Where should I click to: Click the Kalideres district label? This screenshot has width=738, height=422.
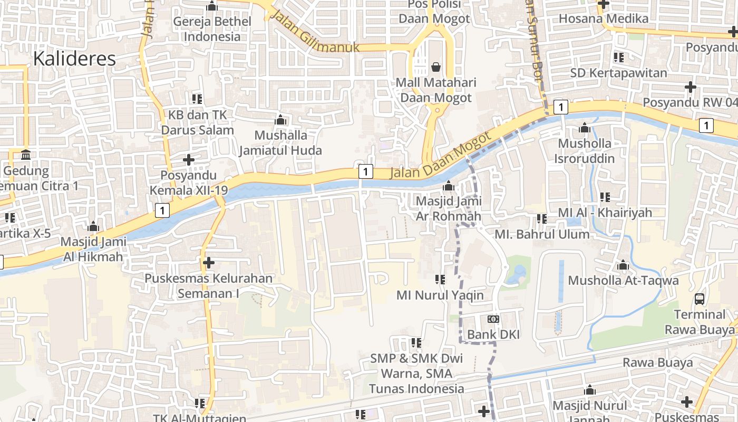(74, 59)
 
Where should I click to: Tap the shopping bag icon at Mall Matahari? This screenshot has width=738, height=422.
(436, 67)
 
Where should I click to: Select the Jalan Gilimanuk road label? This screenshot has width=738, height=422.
(315, 33)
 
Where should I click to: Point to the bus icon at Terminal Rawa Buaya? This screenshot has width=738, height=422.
(700, 299)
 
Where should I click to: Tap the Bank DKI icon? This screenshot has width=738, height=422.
(493, 319)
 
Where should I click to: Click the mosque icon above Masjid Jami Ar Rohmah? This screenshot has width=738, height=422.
(449, 186)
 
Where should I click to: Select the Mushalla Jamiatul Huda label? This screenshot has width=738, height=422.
(280, 142)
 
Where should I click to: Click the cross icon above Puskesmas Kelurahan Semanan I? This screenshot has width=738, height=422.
(209, 262)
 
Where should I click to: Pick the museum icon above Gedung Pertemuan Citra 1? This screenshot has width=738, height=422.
(25, 155)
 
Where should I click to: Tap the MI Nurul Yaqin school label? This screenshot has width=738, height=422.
(440, 295)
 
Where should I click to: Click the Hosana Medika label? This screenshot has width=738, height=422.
(603, 18)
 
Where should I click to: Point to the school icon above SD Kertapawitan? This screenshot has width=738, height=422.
(618, 57)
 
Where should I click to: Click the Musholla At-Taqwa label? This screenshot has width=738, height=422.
(623, 280)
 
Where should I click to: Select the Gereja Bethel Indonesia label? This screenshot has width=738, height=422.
(212, 29)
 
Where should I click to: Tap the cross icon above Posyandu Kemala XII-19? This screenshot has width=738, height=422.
(188, 159)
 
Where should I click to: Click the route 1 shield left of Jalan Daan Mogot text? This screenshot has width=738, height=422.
(365, 171)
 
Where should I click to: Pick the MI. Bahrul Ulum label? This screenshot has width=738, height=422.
(542, 234)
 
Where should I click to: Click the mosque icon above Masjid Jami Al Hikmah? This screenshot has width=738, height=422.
(93, 227)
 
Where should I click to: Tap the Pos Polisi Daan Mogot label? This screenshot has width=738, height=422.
(434, 12)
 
